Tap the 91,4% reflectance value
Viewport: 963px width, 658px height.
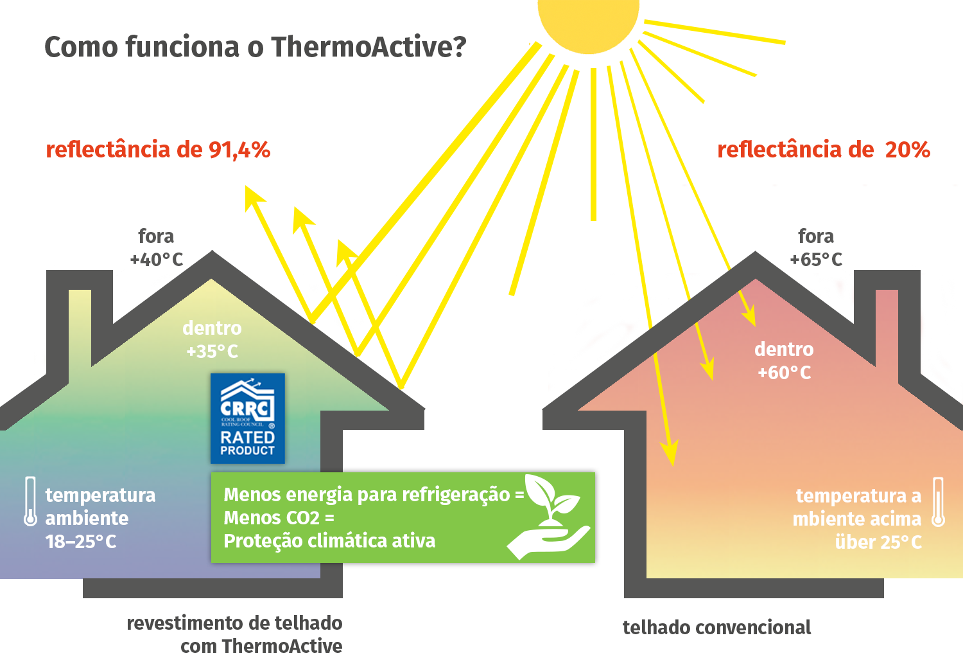click(x=239, y=150)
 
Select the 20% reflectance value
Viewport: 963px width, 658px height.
click(x=907, y=150)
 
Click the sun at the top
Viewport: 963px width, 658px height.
click(x=588, y=19)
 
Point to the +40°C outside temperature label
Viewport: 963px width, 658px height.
click(x=156, y=260)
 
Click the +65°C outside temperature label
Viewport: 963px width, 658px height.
click(x=815, y=260)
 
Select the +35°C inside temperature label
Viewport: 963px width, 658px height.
click(x=212, y=351)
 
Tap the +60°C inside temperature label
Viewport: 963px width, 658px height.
click(x=784, y=373)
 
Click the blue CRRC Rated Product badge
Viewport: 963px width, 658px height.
click(x=247, y=418)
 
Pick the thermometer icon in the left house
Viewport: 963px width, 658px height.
click(x=30, y=501)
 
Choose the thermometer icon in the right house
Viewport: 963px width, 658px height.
click(x=938, y=502)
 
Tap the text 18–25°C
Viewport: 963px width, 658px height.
click(x=80, y=542)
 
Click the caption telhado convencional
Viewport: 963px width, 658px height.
click(x=716, y=627)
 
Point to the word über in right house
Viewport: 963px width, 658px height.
click(x=855, y=542)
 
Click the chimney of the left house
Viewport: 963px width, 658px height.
click(x=80, y=321)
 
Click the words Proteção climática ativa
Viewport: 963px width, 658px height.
click(x=329, y=541)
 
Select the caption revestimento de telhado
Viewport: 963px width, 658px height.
click(x=234, y=623)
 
